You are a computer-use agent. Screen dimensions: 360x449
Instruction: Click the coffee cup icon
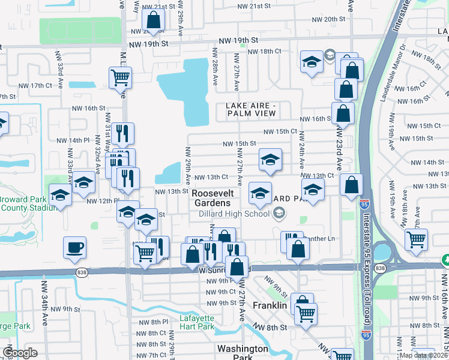coord(74,248)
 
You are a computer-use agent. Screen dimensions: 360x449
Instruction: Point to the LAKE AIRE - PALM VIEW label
coord(251,110)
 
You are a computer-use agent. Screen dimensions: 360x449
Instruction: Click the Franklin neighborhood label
coord(270,305)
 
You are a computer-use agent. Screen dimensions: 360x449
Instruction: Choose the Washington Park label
coord(243,353)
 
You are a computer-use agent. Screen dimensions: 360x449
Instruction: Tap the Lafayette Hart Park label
coord(196,323)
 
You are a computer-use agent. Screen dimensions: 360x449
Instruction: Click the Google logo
coord(20,353)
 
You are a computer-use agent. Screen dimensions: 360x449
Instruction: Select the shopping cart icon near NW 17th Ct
coord(121,77)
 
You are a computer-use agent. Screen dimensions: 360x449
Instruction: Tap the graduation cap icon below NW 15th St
coord(270,160)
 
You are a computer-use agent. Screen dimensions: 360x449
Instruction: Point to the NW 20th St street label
coord(323,19)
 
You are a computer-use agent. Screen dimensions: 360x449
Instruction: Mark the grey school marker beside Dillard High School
coord(279,213)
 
